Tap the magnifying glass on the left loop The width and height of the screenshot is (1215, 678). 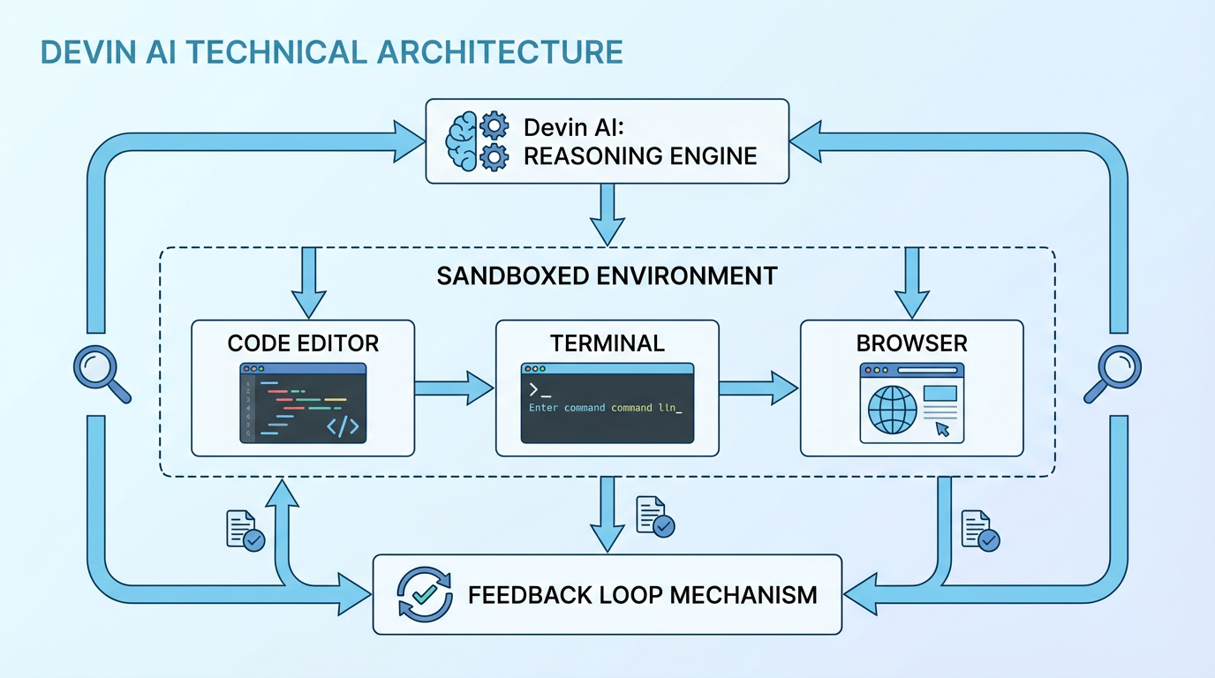100,373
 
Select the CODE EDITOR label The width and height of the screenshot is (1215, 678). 303,343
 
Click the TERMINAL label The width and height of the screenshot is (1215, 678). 607,343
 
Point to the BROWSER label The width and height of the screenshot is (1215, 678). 911,343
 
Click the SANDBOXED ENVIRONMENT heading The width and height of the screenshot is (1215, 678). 607,275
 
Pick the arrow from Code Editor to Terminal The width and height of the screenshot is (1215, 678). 454,387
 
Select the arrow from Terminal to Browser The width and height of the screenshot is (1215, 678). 758,387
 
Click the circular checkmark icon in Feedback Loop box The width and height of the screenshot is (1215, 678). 425,593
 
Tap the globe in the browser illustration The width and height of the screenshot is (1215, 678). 894,409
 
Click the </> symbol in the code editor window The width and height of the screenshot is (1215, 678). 343,426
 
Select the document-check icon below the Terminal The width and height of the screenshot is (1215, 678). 654,516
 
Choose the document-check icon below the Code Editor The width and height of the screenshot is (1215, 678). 245,531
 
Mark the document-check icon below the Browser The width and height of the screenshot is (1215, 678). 979,531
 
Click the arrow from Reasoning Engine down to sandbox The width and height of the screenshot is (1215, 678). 607,214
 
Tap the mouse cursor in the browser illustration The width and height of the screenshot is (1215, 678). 942,429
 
